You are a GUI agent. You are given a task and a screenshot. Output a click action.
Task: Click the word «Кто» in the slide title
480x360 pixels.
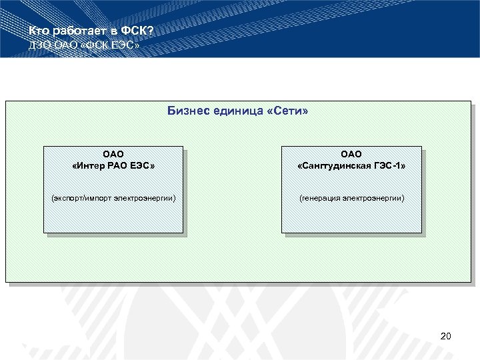click(39, 32)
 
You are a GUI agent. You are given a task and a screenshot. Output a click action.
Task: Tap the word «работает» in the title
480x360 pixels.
click(75, 32)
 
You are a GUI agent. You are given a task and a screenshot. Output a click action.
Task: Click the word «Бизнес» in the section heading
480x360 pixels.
click(189, 112)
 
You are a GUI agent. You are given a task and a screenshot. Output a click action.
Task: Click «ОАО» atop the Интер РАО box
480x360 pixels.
click(113, 154)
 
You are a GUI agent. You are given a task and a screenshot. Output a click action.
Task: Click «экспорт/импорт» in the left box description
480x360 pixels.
click(80, 198)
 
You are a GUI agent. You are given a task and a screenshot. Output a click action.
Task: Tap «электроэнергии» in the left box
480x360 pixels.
click(143, 198)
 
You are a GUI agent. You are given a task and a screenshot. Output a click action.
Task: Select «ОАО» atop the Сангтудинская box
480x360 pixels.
click(351, 154)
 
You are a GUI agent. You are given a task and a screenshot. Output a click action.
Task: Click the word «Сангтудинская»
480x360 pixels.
click(338, 165)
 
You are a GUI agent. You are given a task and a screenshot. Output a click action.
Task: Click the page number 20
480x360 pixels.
click(446, 336)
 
